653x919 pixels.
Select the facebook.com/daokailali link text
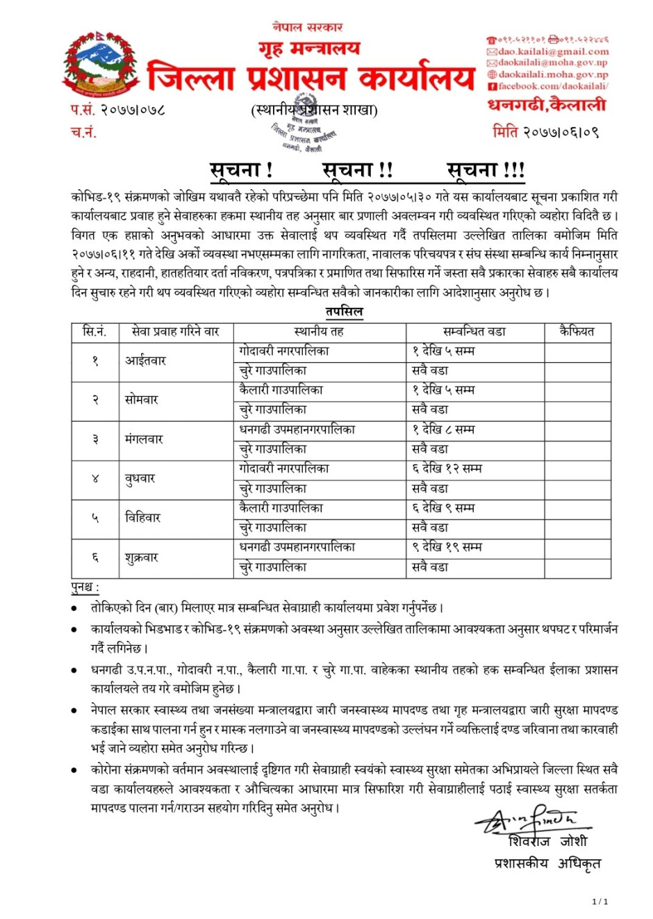point(553,86)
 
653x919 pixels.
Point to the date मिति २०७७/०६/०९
point(545,131)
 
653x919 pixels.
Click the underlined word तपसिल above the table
point(344,311)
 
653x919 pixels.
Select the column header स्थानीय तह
point(319,332)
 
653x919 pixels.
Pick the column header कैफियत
point(577,332)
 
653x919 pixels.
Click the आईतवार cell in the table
point(145,361)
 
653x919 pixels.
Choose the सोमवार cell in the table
point(142,400)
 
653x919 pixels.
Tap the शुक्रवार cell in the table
point(142,558)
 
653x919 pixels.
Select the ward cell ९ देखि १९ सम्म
point(447,547)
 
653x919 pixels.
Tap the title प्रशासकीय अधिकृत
point(547,863)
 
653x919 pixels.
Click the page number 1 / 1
point(600,902)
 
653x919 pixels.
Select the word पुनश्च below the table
point(84,587)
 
